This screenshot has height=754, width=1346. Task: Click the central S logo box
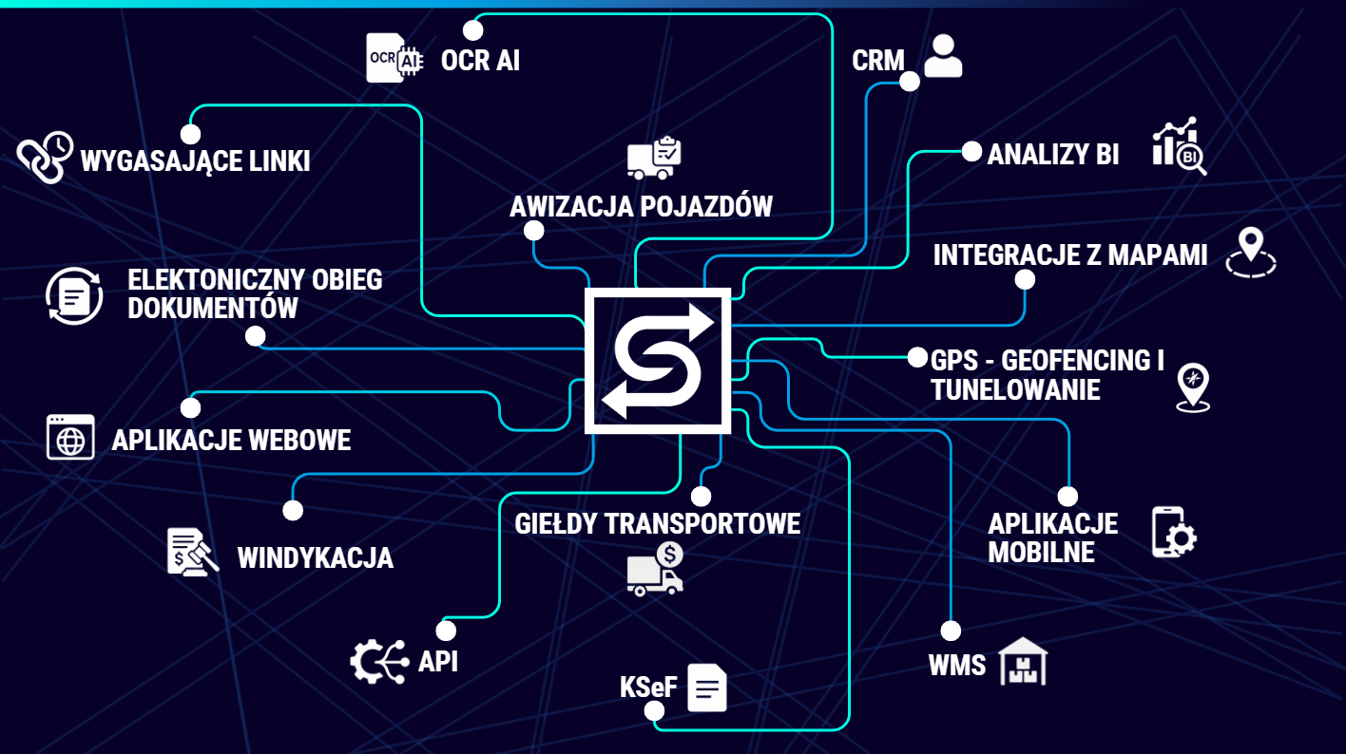[x=658, y=361]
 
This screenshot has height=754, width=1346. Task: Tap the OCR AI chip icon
[x=394, y=59]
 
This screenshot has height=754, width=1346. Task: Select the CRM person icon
[x=943, y=56]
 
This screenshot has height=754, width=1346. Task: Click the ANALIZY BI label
[x=1053, y=155]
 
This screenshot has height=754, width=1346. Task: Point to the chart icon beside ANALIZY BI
[x=1179, y=147]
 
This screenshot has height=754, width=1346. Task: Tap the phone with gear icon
[x=1174, y=532]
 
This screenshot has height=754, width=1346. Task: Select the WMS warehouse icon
[x=1024, y=661]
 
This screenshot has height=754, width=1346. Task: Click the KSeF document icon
[x=707, y=688]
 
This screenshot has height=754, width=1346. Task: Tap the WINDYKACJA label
[x=315, y=557]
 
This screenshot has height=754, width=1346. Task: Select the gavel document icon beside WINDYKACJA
[x=192, y=552]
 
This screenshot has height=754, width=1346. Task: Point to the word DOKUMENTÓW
[x=213, y=309]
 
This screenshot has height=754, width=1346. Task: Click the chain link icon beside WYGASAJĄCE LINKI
[x=45, y=157]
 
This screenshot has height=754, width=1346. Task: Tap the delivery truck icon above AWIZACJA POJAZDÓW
[x=654, y=158]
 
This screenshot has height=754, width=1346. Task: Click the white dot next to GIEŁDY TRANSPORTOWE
[x=701, y=497]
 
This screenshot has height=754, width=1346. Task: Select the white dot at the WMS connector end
[x=951, y=631]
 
